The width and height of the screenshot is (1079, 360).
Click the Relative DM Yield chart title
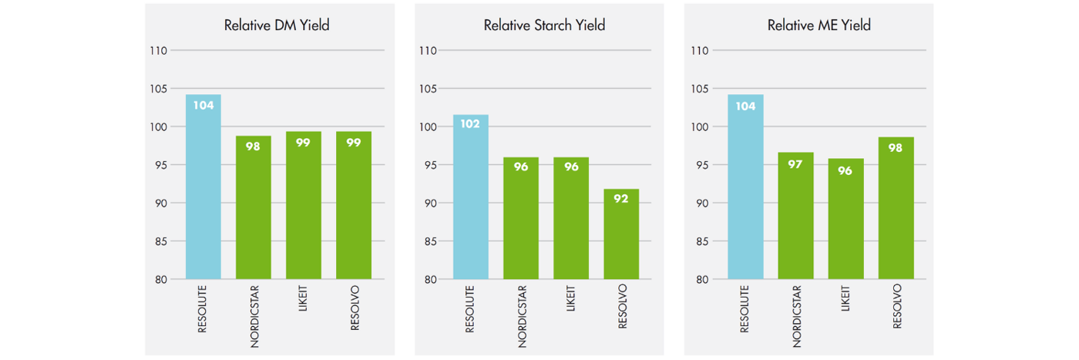pos(277,25)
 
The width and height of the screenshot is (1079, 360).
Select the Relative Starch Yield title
pos(544,25)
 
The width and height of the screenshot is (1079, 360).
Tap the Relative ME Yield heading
pos(818,25)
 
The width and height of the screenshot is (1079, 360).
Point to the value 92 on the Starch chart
pos(621,199)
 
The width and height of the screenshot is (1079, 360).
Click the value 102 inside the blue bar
pos(470,123)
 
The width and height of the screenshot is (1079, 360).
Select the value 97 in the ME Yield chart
pos(795,164)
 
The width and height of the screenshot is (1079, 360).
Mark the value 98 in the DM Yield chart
pos(253,146)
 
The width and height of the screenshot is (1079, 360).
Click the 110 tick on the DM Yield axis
pos(157,51)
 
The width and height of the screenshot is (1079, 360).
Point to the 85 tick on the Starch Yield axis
pos(428,241)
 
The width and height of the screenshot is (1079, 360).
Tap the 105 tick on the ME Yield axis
pos(699,89)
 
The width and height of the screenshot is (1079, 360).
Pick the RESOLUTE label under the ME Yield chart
pos(745,309)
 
